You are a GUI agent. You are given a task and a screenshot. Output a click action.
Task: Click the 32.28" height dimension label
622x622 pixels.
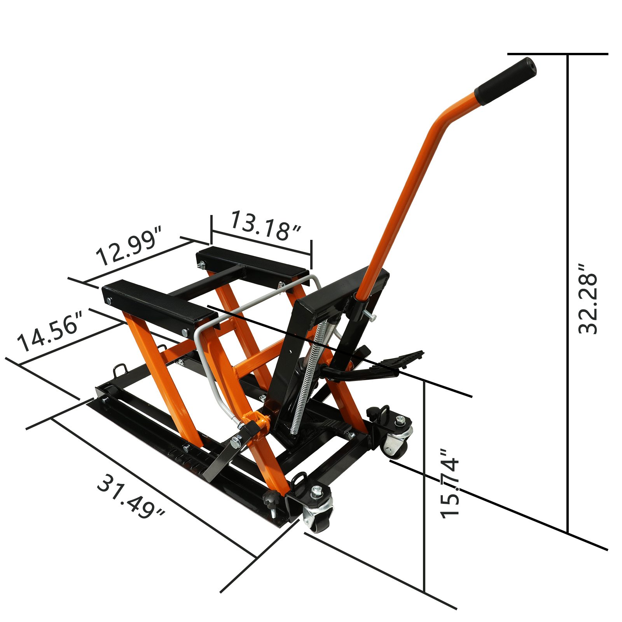point(587,299)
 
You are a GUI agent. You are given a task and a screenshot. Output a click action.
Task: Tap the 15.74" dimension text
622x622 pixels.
point(450,483)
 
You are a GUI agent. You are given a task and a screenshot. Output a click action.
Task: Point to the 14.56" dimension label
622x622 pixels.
point(50,331)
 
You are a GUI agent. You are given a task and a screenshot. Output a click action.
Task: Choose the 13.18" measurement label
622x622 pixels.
point(266,226)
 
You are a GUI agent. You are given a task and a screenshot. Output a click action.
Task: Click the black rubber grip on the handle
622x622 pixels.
point(505,81)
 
